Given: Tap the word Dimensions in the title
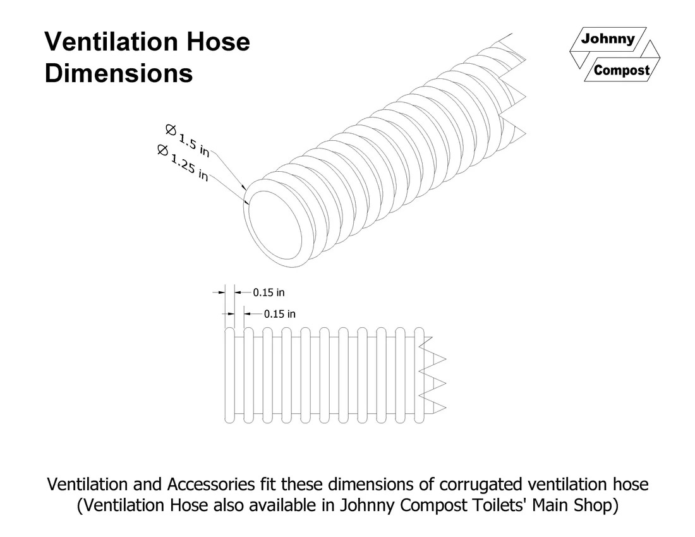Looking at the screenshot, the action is tap(119, 73).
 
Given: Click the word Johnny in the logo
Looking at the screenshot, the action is tap(607, 39).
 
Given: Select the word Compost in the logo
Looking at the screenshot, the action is tap(622, 70).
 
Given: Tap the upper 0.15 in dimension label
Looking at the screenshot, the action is tap(269, 293).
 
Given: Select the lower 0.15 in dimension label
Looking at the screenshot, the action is tap(280, 313).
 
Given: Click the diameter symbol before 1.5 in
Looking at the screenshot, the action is tap(170, 130).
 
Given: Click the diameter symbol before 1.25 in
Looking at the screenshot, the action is tap(162, 150).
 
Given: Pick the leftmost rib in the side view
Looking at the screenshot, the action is tap(230, 375).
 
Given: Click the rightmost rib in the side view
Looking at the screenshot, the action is tap(419, 375).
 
